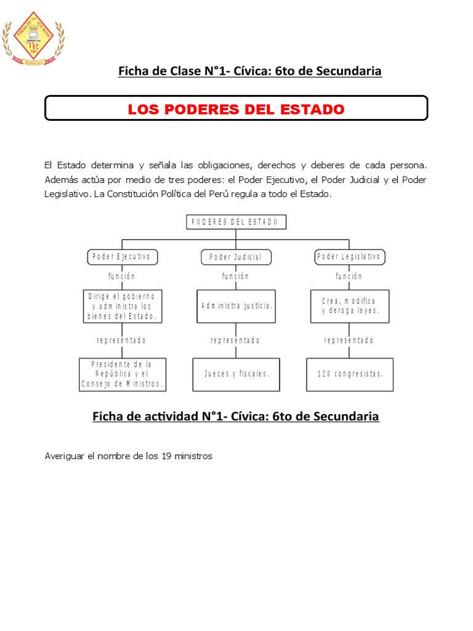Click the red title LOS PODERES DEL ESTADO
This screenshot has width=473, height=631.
[236, 110]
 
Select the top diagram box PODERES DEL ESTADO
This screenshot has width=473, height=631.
[236, 222]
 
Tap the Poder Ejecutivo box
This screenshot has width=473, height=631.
[122, 257]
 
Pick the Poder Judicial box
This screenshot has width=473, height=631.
[236, 257]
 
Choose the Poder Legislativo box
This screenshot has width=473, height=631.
[349, 257]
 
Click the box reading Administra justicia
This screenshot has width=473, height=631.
[236, 306]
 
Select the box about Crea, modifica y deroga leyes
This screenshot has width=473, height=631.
[349, 306]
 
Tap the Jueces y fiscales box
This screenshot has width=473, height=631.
[237, 374]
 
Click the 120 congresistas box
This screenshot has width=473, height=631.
[350, 374]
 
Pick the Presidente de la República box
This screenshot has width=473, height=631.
[123, 374]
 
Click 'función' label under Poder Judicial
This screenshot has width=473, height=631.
[236, 277]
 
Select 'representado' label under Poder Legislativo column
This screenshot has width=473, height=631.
[349, 341]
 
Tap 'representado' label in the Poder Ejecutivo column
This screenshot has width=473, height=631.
[122, 341]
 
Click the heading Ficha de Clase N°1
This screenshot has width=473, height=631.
[250, 71]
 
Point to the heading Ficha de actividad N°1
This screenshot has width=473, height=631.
[236, 417]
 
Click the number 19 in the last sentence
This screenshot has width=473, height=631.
[166, 456]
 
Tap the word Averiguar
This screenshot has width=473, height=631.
[64, 456]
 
